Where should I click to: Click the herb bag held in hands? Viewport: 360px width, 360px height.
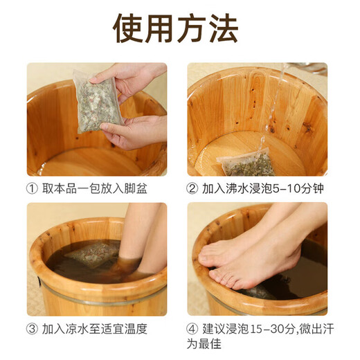[97, 102]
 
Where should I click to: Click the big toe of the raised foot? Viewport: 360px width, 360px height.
[207, 258]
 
